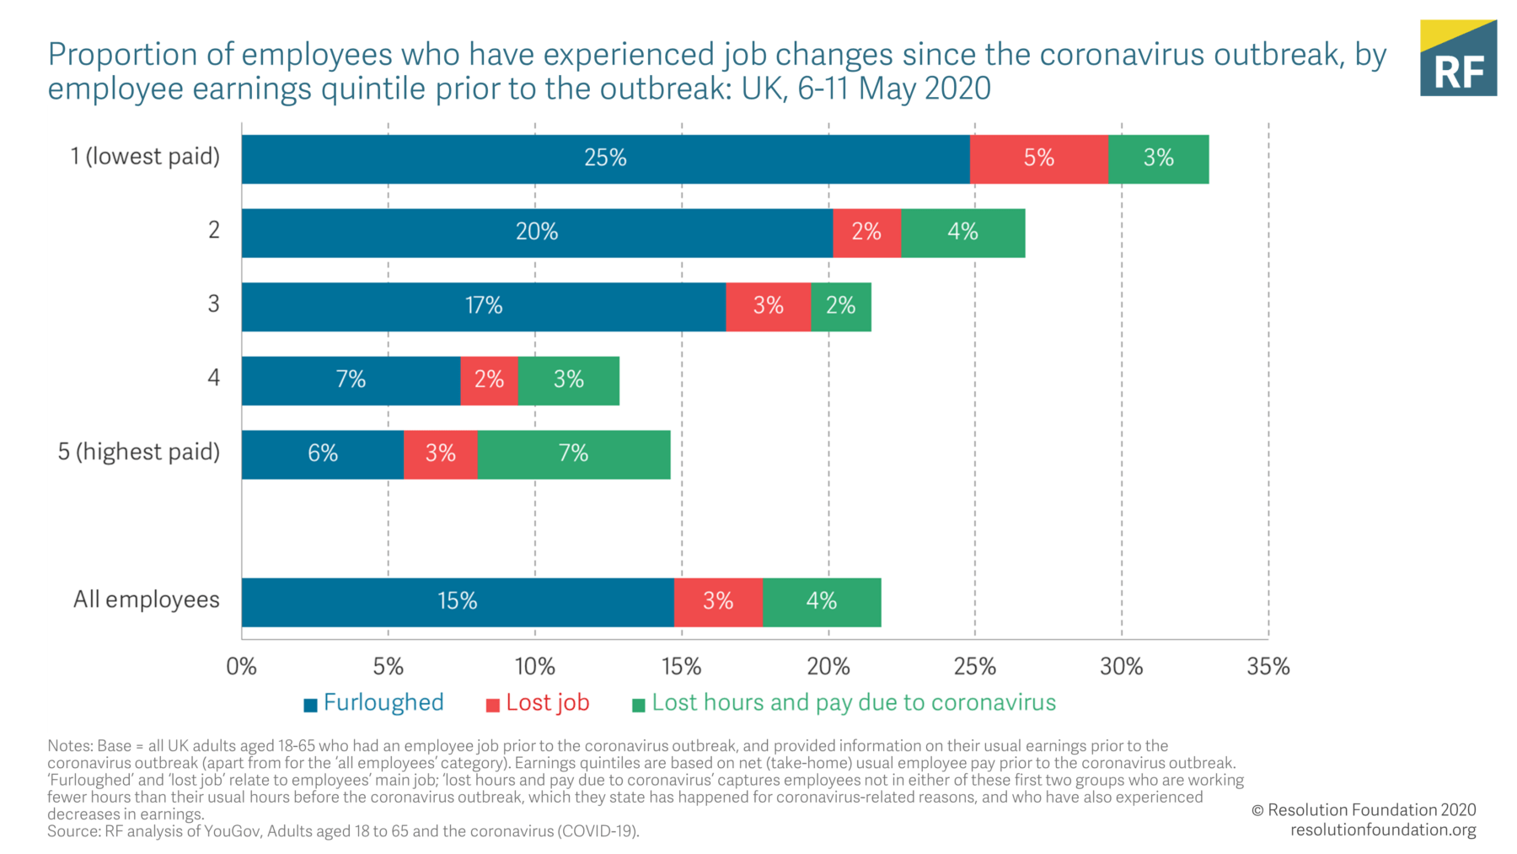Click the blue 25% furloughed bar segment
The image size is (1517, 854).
(605, 158)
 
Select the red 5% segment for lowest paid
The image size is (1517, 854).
(1038, 158)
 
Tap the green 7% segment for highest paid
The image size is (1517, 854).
(573, 454)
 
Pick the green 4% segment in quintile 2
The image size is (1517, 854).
(962, 233)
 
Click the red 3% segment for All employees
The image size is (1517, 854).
(718, 602)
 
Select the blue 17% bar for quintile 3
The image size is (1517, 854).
(484, 306)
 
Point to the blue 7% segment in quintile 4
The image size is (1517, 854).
(351, 380)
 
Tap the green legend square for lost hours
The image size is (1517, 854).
(638, 705)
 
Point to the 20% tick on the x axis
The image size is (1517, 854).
(828, 667)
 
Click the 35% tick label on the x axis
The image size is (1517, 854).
(1268, 667)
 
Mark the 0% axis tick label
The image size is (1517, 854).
(241, 667)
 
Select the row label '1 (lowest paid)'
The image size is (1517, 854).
(145, 157)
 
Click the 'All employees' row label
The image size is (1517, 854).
(147, 600)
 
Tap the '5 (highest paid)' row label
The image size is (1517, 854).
(138, 453)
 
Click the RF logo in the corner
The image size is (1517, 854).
(1458, 58)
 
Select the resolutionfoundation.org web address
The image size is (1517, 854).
(1383, 830)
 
